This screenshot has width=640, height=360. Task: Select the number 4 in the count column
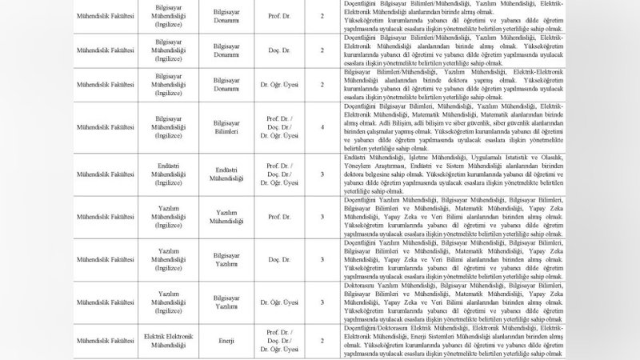pyautogui.click(x=322, y=126)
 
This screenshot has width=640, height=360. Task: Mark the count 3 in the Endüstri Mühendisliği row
pyautogui.click(x=322, y=172)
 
